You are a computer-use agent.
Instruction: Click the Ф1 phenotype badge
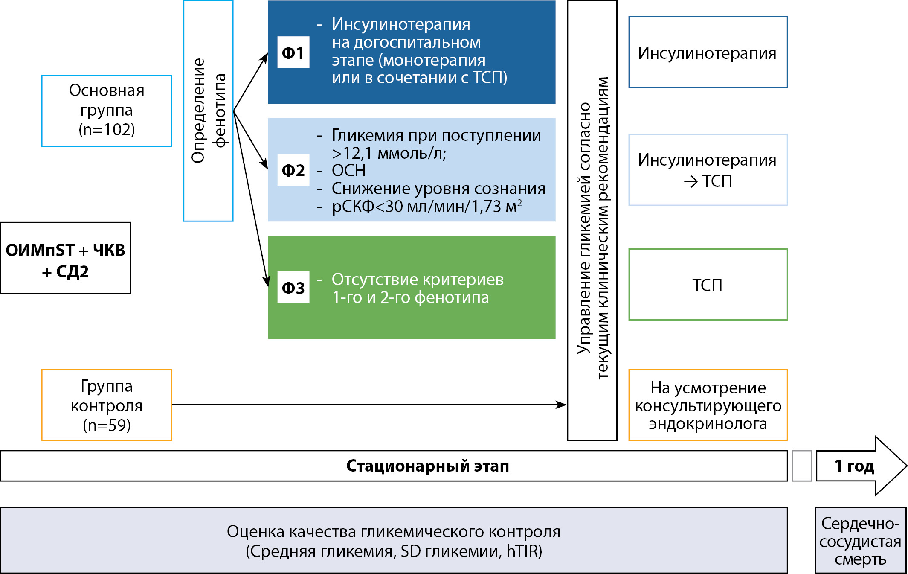pos(293,52)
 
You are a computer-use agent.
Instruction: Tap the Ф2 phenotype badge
pos(293,170)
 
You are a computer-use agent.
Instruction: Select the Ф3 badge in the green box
pos(293,288)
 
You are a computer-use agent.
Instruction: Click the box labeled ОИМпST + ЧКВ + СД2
pos(65,258)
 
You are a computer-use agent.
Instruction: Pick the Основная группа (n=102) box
pos(107,111)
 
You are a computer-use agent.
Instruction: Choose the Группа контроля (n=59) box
pos(107,405)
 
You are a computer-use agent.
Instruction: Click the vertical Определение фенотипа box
pos(208,111)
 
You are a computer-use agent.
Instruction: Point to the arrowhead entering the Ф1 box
pos(265,58)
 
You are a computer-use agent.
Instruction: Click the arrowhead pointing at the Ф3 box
pos(267,282)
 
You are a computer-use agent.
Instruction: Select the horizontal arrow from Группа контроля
pos(367,405)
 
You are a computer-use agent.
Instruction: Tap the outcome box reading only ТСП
pos(708,285)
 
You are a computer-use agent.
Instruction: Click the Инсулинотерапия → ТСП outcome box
pos(708,170)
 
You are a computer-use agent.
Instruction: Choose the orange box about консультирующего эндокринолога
pos(708,405)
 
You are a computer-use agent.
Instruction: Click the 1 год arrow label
pos(854,466)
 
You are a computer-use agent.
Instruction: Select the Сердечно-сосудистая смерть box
pos(860,540)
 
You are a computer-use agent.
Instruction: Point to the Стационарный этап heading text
pos(428,466)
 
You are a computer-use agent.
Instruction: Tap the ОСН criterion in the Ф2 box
pos(348,170)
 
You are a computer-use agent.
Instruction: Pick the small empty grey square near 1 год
pos(801,466)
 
